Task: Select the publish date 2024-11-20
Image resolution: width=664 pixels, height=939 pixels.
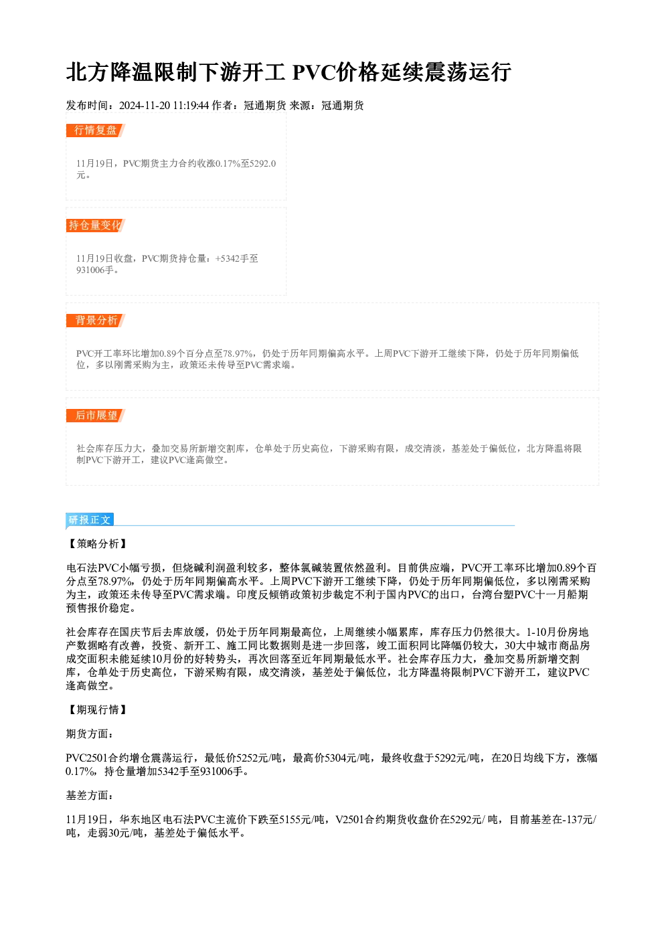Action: tap(145, 105)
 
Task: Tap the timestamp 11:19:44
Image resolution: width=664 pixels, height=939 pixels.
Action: tap(191, 105)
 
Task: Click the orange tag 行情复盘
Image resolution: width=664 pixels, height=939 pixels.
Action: tap(96, 131)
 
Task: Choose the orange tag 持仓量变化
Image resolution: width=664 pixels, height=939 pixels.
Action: tap(96, 226)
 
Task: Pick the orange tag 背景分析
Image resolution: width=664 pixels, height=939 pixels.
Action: tap(96, 321)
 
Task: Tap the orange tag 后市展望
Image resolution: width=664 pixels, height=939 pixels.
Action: tap(96, 416)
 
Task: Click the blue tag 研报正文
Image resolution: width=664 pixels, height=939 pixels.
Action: tap(90, 520)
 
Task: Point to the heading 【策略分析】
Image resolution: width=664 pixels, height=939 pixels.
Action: tap(98, 543)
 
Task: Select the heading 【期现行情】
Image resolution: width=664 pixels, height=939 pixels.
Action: tap(98, 709)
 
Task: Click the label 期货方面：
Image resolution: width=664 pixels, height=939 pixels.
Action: tap(90, 734)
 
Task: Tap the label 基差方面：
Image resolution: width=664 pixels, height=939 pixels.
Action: tap(90, 795)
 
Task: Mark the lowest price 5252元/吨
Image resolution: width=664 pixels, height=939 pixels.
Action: tap(259, 758)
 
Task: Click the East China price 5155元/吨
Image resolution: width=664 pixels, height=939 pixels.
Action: tap(302, 819)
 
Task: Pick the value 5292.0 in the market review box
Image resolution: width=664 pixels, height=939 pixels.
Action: tap(262, 163)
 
